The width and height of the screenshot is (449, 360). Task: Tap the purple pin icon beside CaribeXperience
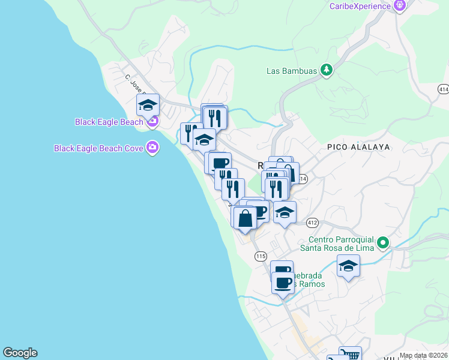[400, 5]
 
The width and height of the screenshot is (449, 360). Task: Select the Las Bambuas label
[291, 71]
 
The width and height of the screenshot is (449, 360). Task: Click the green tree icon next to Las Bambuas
[326, 70]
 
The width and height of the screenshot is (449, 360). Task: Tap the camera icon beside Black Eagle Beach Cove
[152, 147]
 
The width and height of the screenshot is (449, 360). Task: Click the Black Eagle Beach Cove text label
[98, 148]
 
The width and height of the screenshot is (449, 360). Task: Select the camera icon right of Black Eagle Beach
[152, 122]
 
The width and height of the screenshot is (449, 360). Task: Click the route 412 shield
[312, 223]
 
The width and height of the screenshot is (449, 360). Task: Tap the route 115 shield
[260, 256]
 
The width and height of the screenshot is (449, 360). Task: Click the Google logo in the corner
[20, 353]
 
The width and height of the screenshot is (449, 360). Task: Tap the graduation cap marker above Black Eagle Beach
[148, 106]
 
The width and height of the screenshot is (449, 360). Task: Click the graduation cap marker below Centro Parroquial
[348, 266]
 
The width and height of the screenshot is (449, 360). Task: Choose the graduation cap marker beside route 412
[285, 213]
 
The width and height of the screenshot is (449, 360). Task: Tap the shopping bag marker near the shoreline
[245, 218]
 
